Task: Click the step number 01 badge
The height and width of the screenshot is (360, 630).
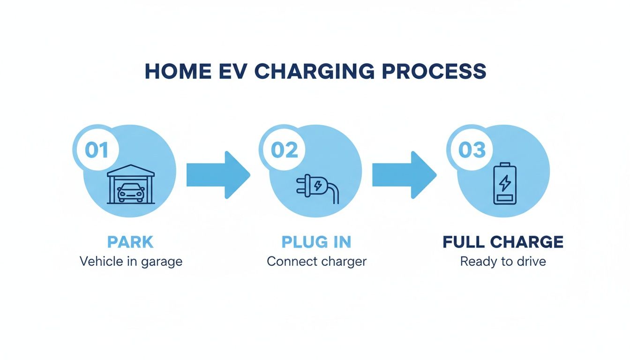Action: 97,150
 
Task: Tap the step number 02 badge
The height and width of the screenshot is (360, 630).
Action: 284,150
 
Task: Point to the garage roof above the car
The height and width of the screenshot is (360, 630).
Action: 131,170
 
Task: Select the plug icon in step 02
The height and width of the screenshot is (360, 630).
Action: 315,186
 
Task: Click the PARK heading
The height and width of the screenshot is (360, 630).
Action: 130,242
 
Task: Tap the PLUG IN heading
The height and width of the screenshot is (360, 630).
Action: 316,242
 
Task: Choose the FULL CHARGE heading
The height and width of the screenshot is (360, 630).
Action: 503,242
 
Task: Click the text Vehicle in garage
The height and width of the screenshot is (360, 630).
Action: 131,261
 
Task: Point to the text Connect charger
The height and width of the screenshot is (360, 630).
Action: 316,261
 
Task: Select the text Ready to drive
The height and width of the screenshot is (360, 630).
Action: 503,261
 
